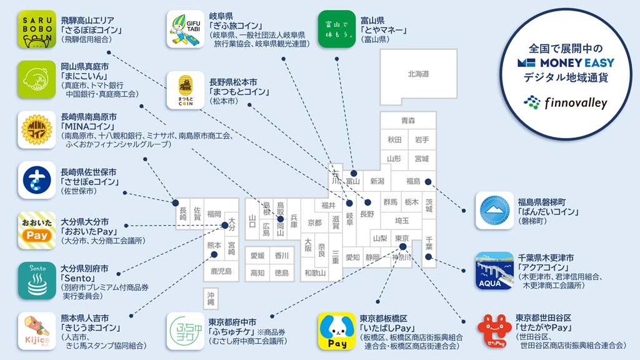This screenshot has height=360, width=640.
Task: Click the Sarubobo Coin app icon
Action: pos(36,29)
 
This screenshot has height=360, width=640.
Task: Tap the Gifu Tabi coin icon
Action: pos(185,29)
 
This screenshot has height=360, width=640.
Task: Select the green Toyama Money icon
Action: pos(337,29)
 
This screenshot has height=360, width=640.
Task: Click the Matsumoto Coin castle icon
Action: pos(185,89)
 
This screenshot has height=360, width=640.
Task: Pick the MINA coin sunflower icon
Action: pos(36,130)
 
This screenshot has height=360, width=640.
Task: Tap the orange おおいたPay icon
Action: pos(36,230)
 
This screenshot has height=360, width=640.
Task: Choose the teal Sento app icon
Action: pos(36,281)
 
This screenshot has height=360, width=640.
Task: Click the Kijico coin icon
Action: pos(36,331)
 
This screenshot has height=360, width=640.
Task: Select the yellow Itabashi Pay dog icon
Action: pos(337,331)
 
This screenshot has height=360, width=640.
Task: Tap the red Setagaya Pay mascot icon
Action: pos(494,332)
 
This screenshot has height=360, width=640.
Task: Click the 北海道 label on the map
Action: pos(418,74)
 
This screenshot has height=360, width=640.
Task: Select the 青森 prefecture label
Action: pos(408,121)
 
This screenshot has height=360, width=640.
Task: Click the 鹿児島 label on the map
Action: pos(221,271)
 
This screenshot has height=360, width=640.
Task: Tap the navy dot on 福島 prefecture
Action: pos(428,182)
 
